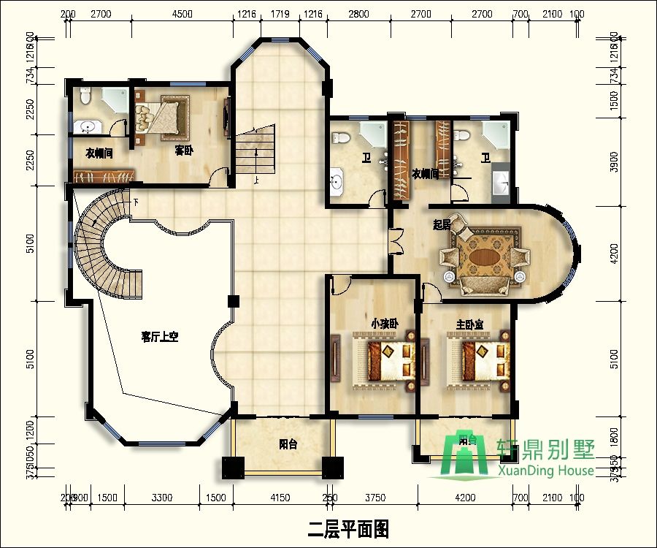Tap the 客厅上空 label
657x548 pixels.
pos(160,337)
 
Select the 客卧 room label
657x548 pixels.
pos(184,151)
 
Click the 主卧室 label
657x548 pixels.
pos(470,324)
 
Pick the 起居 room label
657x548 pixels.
pos(441,225)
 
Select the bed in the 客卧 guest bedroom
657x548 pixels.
pos(164,117)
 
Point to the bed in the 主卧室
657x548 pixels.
pos(478,358)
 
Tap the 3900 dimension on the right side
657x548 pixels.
pos(614,167)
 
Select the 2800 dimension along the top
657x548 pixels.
pos(358,14)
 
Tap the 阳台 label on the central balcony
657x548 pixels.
pos(288,444)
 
